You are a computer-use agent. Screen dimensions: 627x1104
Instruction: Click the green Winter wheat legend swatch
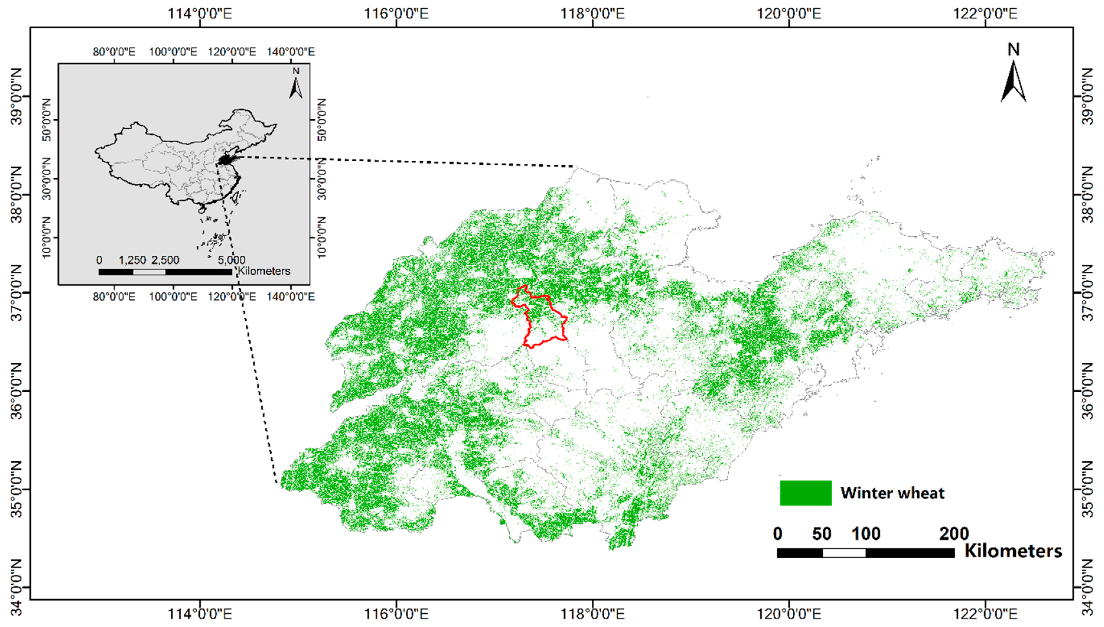click(805, 493)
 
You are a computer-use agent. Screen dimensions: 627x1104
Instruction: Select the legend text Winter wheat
click(892, 493)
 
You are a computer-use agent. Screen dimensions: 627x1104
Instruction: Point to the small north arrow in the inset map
click(295, 86)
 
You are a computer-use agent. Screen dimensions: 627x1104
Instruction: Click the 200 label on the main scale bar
click(954, 534)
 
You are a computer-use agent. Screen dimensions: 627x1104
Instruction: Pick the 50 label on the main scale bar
click(821, 534)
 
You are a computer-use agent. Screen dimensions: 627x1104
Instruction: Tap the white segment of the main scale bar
click(844, 553)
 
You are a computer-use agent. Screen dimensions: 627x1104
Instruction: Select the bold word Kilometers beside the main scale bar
click(1013, 551)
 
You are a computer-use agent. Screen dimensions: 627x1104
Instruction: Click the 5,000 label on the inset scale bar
click(231, 260)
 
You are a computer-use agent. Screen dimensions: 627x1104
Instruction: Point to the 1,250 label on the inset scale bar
click(132, 260)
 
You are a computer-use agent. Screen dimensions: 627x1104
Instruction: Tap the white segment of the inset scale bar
click(149, 272)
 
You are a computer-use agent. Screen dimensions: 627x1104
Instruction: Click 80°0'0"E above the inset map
click(114, 52)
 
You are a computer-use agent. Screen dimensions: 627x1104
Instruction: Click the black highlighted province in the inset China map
click(226, 160)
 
